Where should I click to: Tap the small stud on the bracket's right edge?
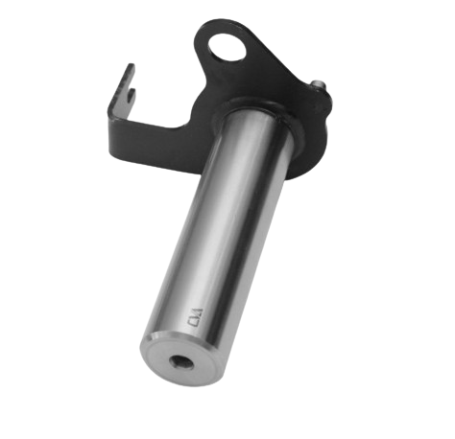coord(319,87)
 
